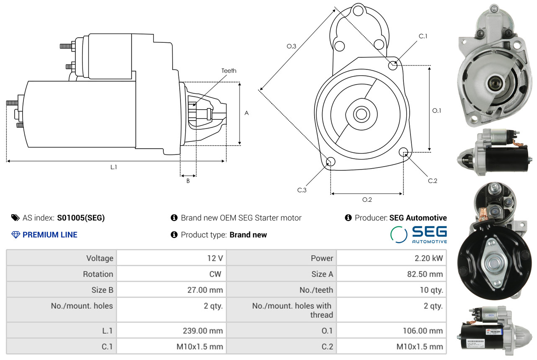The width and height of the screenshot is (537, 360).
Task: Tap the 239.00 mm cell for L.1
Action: (x=204, y=331)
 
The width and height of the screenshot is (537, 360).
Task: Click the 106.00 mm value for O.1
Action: (x=422, y=331)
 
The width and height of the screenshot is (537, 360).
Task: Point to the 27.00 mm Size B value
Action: (x=205, y=290)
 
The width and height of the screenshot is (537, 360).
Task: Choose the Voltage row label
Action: (x=100, y=258)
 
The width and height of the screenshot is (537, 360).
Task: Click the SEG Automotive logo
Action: (x=418, y=234)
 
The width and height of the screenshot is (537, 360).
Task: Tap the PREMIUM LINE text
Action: (x=50, y=235)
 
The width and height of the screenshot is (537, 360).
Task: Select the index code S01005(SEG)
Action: (x=81, y=218)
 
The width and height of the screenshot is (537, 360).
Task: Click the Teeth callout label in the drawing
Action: (x=229, y=71)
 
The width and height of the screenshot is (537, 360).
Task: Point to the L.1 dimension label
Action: (x=114, y=167)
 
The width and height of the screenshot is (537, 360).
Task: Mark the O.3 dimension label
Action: (x=292, y=46)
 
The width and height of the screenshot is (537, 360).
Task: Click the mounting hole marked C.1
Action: (x=393, y=65)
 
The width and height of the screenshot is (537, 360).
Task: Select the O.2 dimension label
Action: (x=367, y=200)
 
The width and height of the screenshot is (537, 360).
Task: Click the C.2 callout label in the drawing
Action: (x=433, y=181)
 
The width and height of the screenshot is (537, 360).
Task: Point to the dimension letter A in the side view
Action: (x=247, y=113)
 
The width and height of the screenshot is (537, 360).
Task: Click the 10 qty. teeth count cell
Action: (x=431, y=290)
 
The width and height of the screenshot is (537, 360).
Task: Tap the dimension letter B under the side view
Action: (x=188, y=181)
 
